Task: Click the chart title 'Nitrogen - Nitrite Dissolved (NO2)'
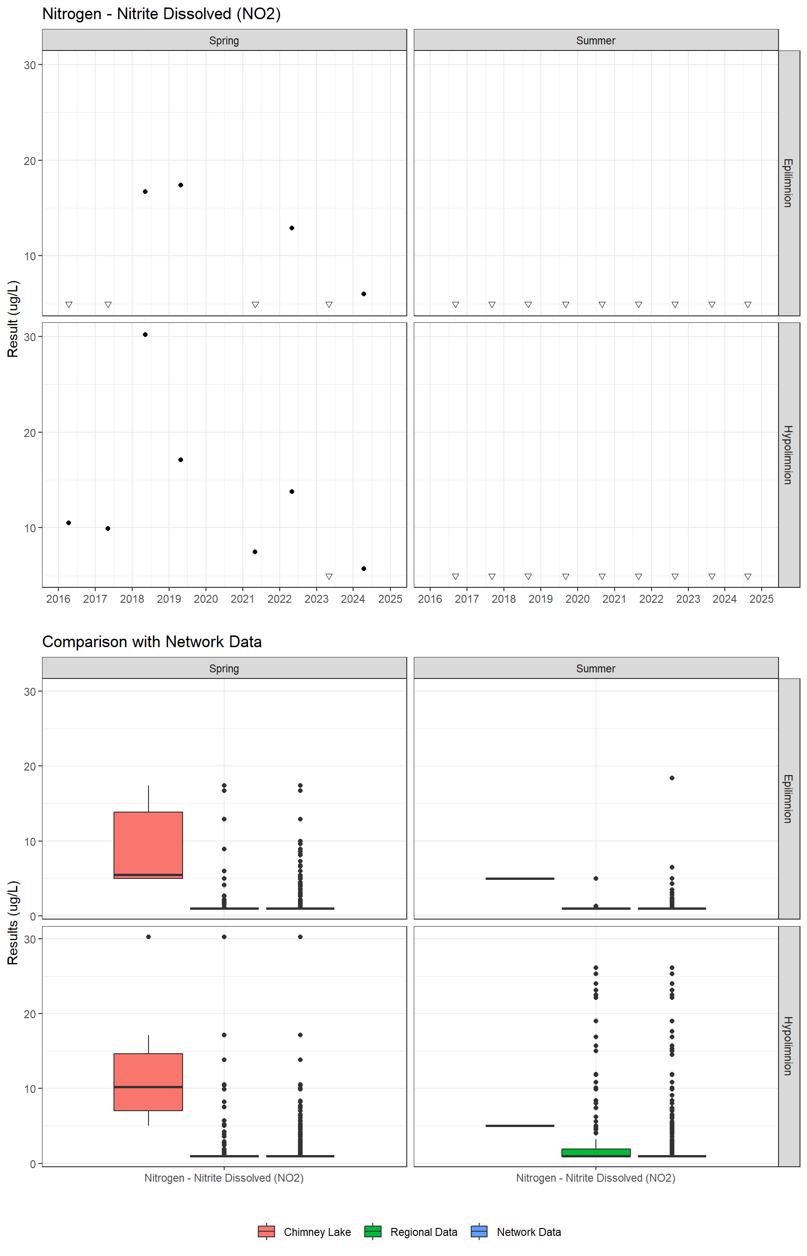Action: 162,14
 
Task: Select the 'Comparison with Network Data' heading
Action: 152,642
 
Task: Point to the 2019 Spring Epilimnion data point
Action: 181,185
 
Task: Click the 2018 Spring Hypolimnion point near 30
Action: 145,335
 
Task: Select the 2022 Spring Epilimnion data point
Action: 292,228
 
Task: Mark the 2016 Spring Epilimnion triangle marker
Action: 69,305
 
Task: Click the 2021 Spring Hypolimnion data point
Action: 255,552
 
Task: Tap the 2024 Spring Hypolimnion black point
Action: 364,569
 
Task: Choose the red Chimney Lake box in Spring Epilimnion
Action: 149,844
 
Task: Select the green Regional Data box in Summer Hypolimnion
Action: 596,1152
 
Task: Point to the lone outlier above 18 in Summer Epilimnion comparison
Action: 672,778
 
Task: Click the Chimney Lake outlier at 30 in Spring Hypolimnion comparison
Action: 149,937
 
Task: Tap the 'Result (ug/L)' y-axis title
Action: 13,319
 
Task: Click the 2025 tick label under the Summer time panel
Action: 761,599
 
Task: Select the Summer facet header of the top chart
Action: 596,40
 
